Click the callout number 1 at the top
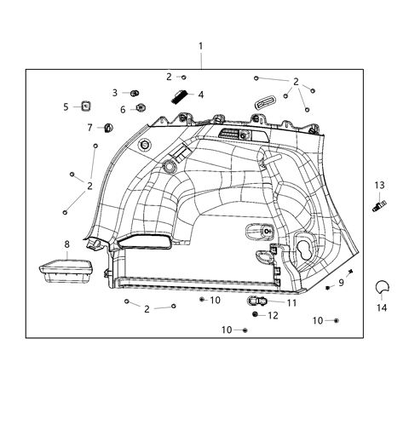tap(201, 45)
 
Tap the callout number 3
tap(115, 92)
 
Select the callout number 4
tap(200, 95)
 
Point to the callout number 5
tap(66, 106)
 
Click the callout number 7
tap(89, 128)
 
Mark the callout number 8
tap(66, 244)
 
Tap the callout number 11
tap(291, 302)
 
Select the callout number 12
tap(273, 315)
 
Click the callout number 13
tap(379, 185)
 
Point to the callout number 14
tap(381, 307)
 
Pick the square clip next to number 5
tap(85, 106)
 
